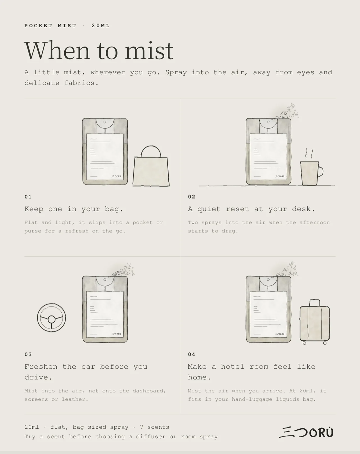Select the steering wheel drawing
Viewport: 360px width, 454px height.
pyautogui.click(x=52, y=318)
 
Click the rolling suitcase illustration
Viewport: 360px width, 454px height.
pyautogui.click(x=315, y=322)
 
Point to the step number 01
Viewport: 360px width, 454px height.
pyautogui.click(x=28, y=197)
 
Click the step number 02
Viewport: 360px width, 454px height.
pyautogui.click(x=192, y=197)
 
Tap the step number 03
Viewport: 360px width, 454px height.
pyautogui.click(x=28, y=354)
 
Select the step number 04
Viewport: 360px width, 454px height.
pyautogui.click(x=192, y=354)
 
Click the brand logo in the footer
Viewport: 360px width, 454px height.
pyautogui.click(x=306, y=432)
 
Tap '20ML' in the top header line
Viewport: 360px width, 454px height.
pyautogui.click(x=101, y=26)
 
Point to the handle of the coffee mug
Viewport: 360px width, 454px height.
pyautogui.click(x=321, y=172)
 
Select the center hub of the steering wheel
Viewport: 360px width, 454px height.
pyautogui.click(x=52, y=319)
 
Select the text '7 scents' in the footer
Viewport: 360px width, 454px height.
pyautogui.click(x=155, y=427)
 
